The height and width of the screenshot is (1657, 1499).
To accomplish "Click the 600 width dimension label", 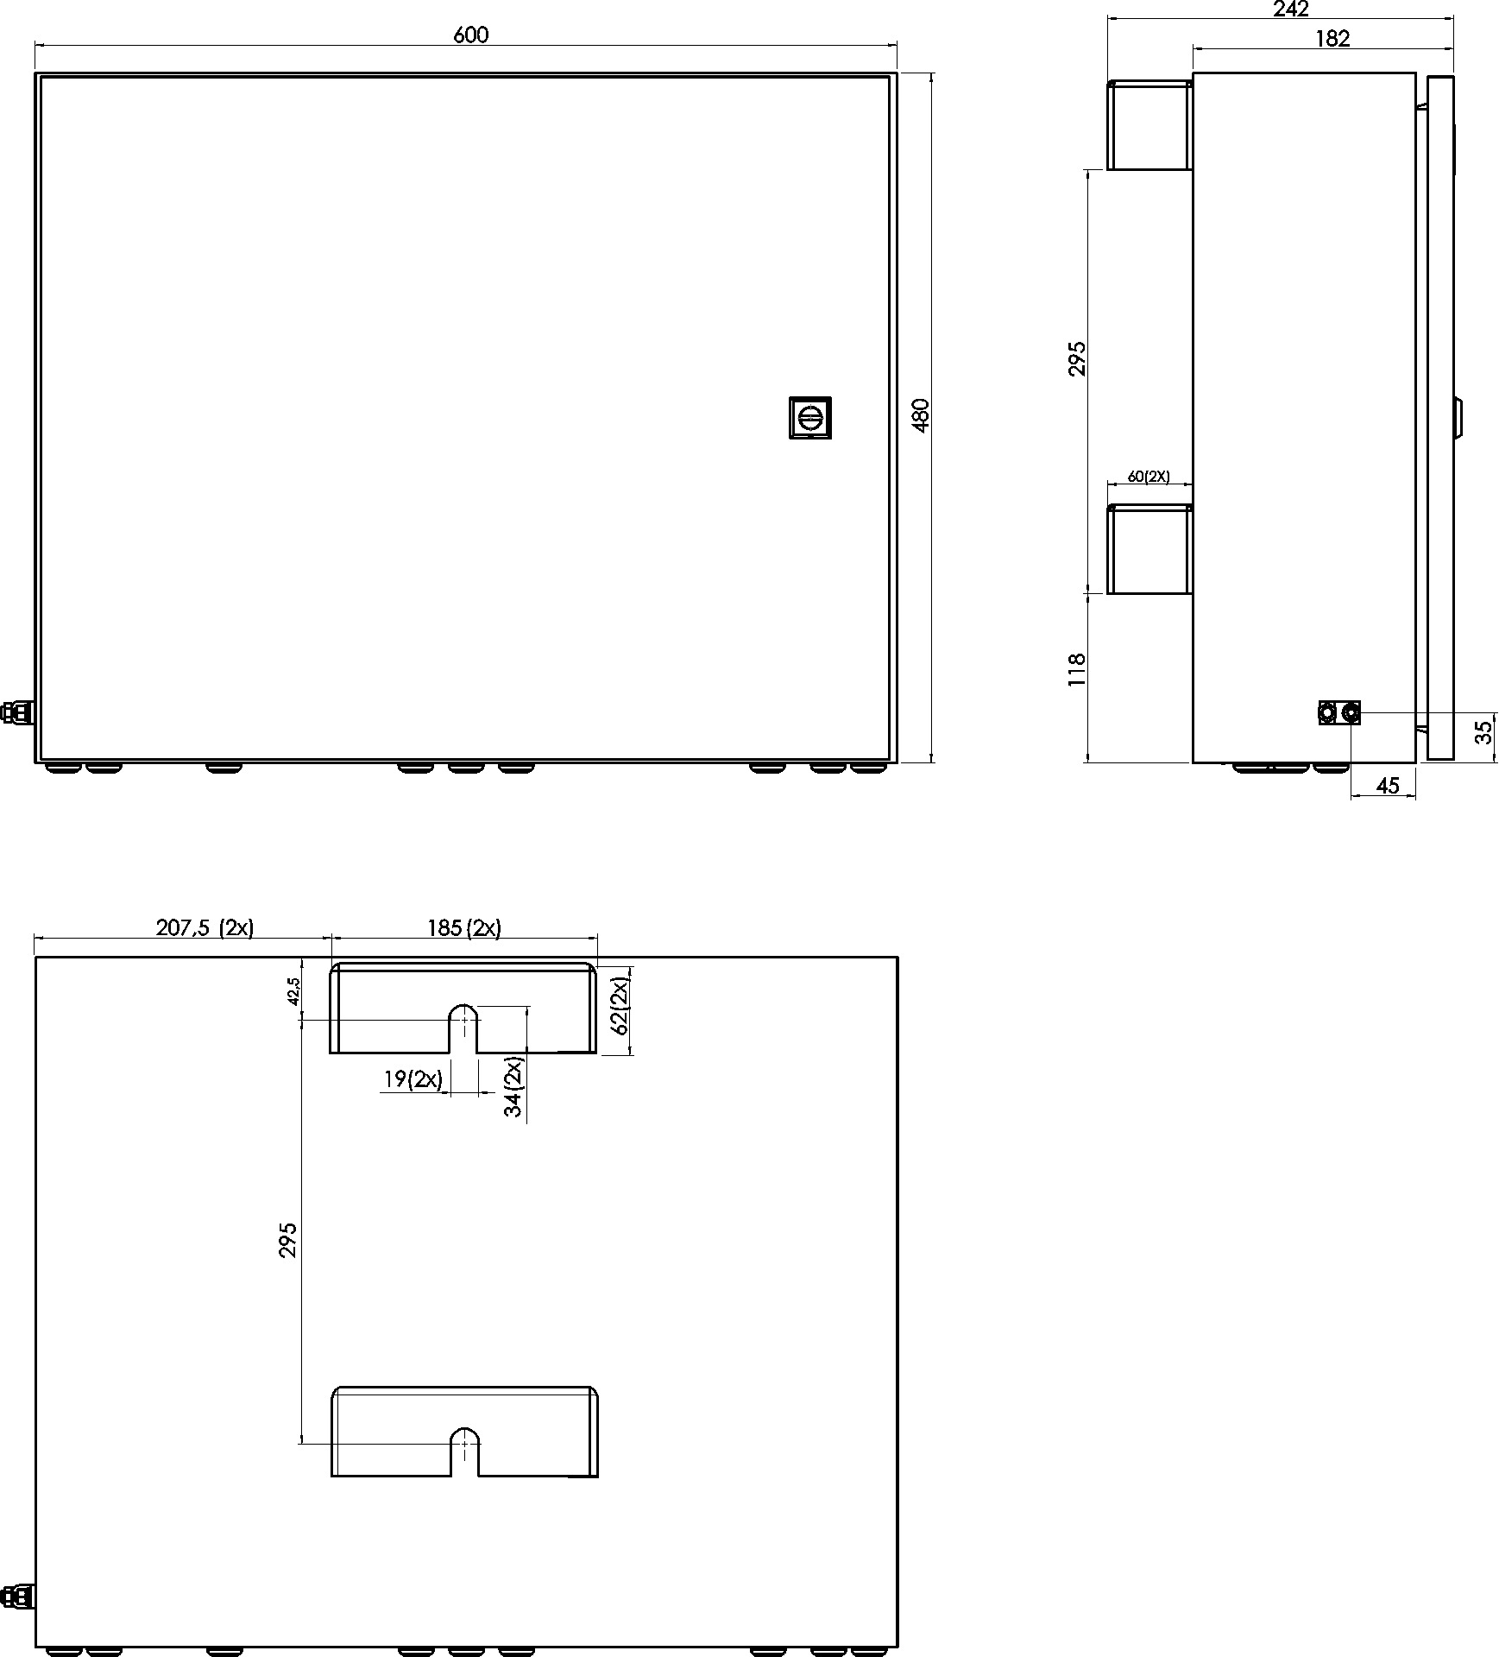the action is (x=470, y=35).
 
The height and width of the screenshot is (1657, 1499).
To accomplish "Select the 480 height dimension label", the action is (x=920, y=415).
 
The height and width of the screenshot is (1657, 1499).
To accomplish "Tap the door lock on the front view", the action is (x=809, y=418).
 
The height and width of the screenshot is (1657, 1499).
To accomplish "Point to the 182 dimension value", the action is (x=1333, y=38).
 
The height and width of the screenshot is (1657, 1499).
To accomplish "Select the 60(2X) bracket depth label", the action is (x=1149, y=477).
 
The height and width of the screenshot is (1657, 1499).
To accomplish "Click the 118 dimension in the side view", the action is (x=1076, y=670).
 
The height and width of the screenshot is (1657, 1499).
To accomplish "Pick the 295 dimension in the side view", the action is (x=1076, y=358).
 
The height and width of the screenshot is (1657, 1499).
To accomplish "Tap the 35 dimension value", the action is (x=1483, y=732).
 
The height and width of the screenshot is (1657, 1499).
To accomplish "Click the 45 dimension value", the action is (x=1387, y=786).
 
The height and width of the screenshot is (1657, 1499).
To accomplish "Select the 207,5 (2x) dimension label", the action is (x=205, y=927).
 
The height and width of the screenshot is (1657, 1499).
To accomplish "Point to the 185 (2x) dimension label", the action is (x=464, y=927).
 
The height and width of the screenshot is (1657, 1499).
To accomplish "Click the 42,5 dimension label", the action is (x=293, y=991).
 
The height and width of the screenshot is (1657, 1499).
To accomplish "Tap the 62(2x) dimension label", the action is (x=619, y=1005).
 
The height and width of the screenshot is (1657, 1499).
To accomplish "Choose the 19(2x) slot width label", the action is (x=413, y=1078).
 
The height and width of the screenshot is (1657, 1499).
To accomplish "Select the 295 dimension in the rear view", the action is (x=288, y=1239).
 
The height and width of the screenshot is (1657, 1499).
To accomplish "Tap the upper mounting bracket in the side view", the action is (x=1149, y=124).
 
